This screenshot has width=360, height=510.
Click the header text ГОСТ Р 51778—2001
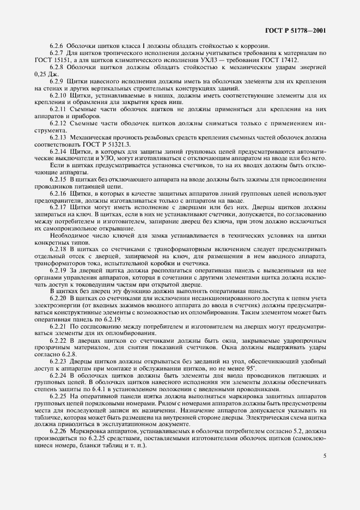click(x=298, y=31)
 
